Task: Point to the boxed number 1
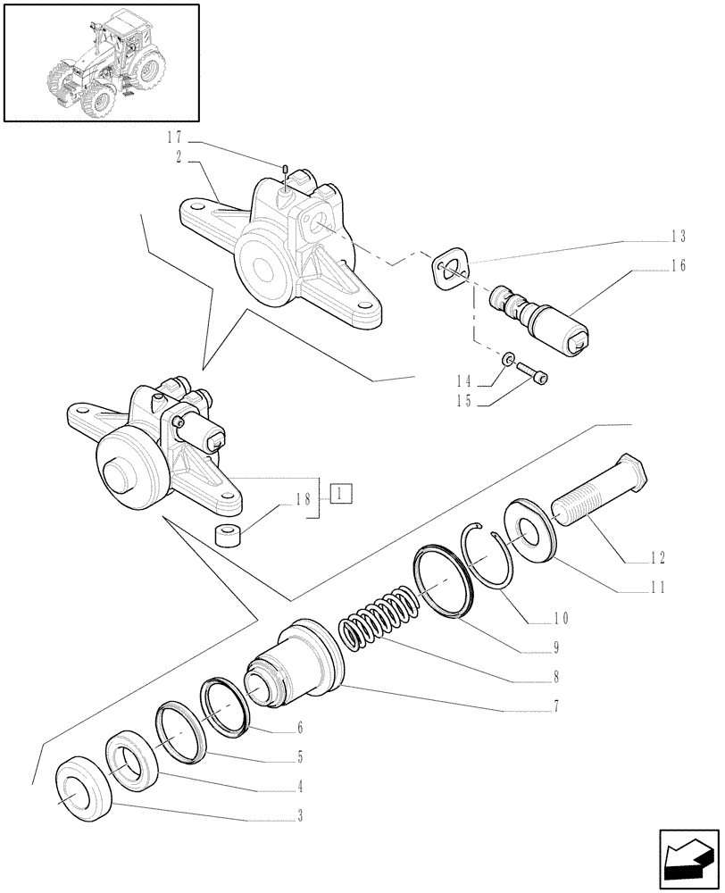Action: point(342,492)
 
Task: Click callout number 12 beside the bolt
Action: point(658,560)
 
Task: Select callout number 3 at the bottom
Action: point(300,815)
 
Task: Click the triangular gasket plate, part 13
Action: point(449,268)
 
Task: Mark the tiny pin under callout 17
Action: point(284,170)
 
